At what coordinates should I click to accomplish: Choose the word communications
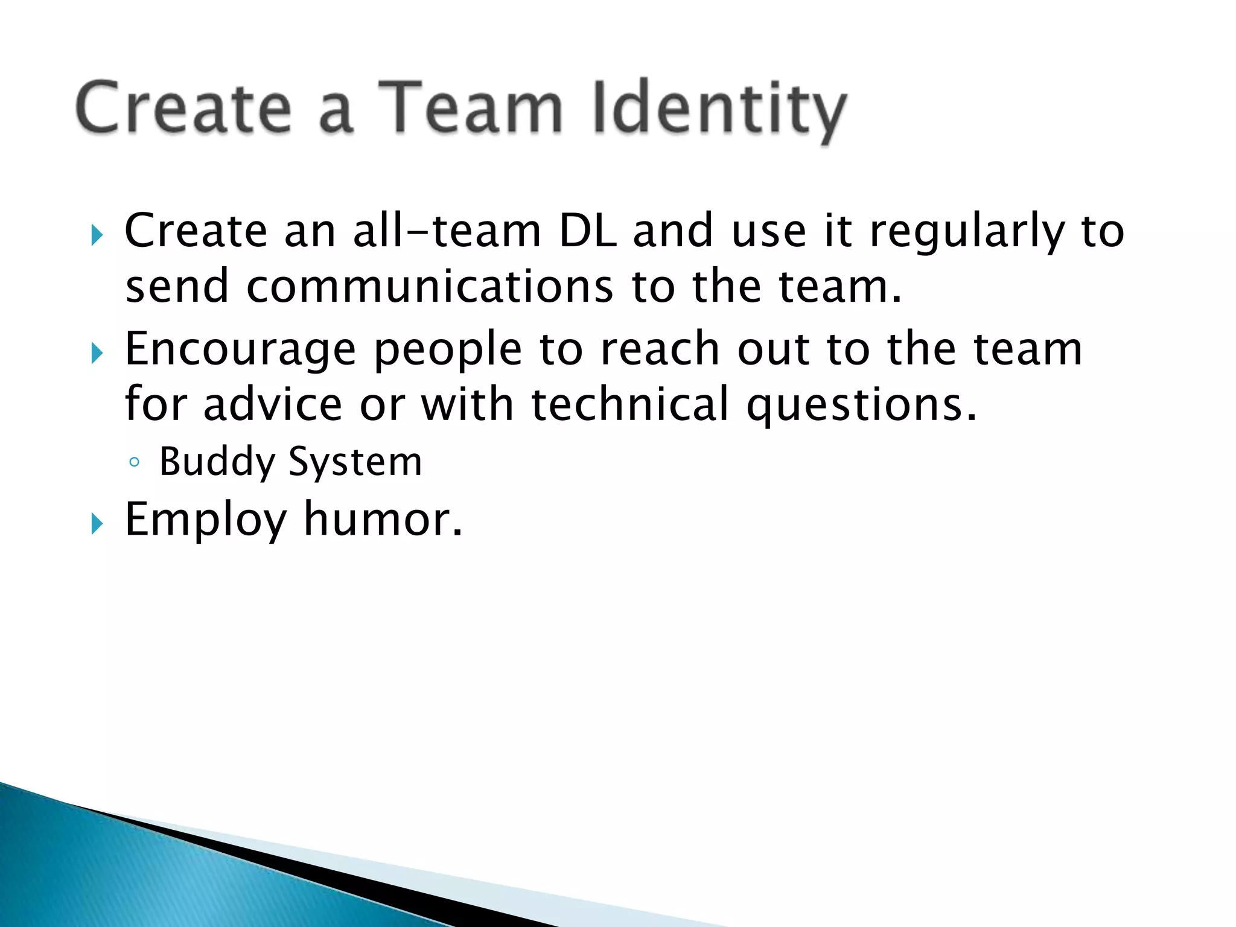[x=430, y=287]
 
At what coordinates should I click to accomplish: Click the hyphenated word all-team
[x=447, y=231]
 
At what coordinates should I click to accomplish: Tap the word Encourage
[x=240, y=350]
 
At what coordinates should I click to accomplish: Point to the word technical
[x=630, y=404]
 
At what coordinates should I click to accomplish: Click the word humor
[x=383, y=519]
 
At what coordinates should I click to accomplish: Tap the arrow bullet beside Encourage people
[x=97, y=354]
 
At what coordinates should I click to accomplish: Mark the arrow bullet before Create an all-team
[x=97, y=235]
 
